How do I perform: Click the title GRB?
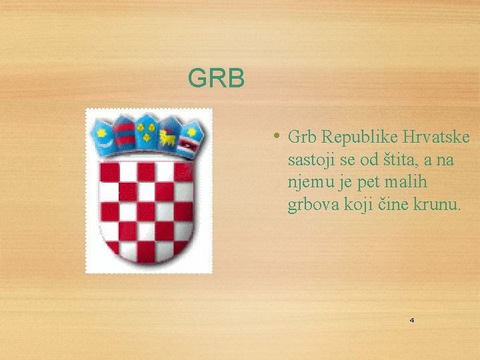click(217, 79)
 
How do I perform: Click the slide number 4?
click(411, 321)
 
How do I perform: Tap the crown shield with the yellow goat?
click(167, 137)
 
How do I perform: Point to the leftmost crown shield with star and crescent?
click(103, 138)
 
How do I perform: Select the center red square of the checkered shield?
click(146, 211)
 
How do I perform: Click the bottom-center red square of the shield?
click(146, 251)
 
